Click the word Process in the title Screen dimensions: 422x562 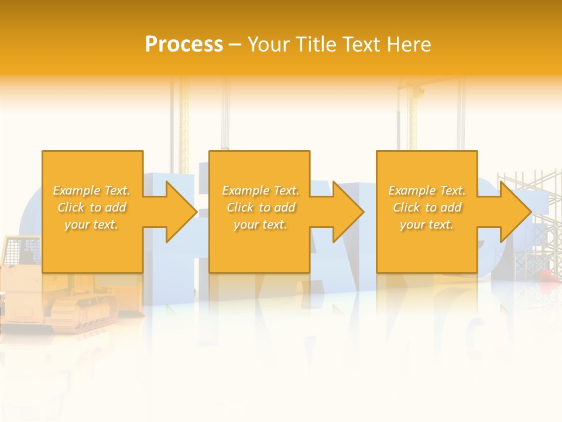(x=184, y=45)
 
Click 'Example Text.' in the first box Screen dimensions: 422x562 (x=91, y=190)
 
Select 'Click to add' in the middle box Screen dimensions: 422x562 (x=261, y=207)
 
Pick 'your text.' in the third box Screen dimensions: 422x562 (x=427, y=224)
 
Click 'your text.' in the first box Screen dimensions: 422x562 (x=91, y=224)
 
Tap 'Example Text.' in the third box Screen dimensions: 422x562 (x=427, y=190)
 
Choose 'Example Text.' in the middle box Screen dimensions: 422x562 (x=261, y=190)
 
